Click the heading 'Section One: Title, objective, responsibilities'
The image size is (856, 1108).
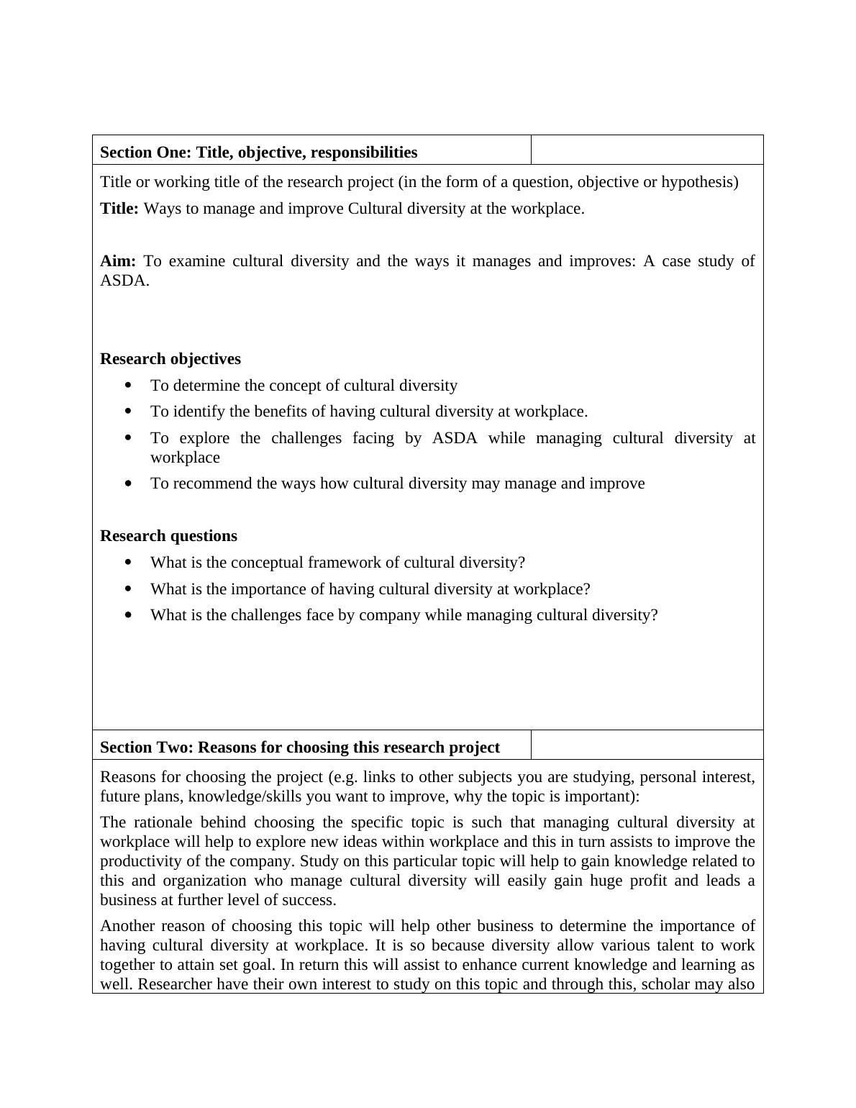(x=258, y=153)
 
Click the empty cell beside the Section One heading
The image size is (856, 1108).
(x=647, y=150)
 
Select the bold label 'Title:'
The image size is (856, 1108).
(x=119, y=209)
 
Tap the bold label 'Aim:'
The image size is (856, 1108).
(x=118, y=260)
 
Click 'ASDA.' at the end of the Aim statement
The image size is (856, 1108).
(x=124, y=281)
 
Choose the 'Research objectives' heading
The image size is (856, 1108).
(x=170, y=359)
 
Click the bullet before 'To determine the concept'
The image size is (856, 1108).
(x=129, y=386)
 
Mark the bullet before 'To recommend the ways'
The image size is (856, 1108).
(x=129, y=483)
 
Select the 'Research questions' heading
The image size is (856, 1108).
(x=168, y=536)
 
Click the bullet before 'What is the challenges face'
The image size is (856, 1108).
(x=129, y=615)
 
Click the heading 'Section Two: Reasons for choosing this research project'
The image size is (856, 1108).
(x=299, y=748)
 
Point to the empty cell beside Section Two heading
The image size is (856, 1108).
(x=647, y=745)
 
